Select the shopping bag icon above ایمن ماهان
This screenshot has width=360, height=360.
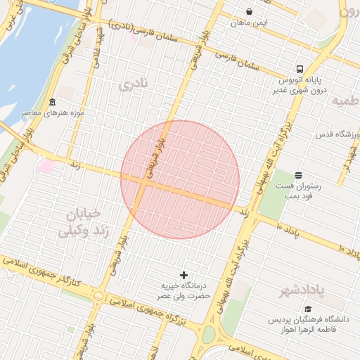(250, 11)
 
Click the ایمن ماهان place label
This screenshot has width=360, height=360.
(250, 22)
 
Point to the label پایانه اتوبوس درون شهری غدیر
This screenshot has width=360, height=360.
(300, 84)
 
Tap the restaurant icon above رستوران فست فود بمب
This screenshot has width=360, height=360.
(299, 174)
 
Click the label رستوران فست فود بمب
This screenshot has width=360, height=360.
(299, 190)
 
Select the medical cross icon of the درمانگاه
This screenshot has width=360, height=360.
(184, 274)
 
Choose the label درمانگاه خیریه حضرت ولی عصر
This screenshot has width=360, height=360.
(184, 290)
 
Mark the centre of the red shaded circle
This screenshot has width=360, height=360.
(180, 180)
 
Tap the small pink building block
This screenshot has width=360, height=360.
(47, 167)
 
